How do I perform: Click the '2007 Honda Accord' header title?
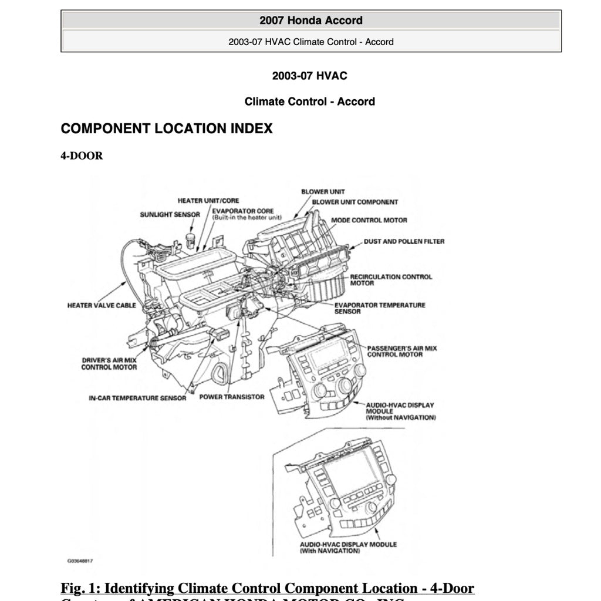pyautogui.click(x=311, y=21)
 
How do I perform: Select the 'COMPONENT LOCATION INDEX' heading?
pyautogui.click(x=167, y=129)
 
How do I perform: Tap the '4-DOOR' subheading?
pyautogui.click(x=82, y=156)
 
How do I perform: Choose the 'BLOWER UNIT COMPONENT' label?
pyautogui.click(x=354, y=202)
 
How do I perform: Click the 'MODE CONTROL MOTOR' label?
pyautogui.click(x=369, y=221)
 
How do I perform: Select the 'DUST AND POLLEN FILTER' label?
pyautogui.click(x=404, y=241)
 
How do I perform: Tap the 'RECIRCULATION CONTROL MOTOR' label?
pyautogui.click(x=391, y=280)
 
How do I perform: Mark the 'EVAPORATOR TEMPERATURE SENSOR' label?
pyautogui.click(x=380, y=308)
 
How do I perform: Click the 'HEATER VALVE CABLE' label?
pyautogui.click(x=102, y=305)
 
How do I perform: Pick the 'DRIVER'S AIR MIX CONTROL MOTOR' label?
pyautogui.click(x=109, y=363)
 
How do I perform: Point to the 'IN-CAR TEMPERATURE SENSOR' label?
pyautogui.click(x=137, y=398)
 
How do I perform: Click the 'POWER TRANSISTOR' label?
pyautogui.click(x=232, y=397)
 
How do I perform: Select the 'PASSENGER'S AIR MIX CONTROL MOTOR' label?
pyautogui.click(x=402, y=352)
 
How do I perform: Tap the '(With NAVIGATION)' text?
pyautogui.click(x=329, y=551)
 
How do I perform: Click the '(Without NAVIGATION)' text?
pyautogui.click(x=400, y=418)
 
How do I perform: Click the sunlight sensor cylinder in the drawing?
pyautogui.click(x=190, y=239)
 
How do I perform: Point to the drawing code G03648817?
pyautogui.click(x=80, y=561)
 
